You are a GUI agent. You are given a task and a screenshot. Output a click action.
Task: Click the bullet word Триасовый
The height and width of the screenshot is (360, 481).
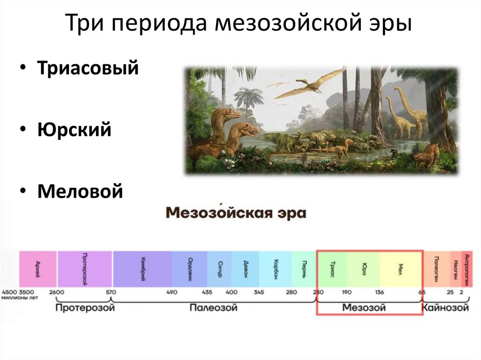pos(88,69)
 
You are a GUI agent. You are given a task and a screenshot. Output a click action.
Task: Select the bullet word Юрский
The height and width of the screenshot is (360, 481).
pos(75,130)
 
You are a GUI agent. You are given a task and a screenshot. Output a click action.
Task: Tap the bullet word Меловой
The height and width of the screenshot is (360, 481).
pos(80,191)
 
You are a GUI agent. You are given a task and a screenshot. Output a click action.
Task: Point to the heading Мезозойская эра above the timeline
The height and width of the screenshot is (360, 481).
pos(236,214)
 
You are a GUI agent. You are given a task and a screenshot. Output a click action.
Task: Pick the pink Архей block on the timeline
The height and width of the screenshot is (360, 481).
pos(38,268)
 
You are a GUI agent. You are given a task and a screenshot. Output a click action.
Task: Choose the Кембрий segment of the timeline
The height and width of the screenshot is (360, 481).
pos(142,268)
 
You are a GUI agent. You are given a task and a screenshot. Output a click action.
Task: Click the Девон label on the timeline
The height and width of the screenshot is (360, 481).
pos(246,268)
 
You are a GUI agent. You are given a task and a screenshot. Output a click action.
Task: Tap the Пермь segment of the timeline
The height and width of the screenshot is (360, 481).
pos(304,268)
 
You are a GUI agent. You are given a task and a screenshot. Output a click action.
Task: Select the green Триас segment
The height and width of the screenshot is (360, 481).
pos(332,268)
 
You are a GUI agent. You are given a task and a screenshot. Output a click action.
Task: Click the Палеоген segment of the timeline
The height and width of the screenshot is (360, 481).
pos(437,268)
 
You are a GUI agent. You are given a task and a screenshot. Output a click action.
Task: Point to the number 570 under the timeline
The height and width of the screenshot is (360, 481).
pos(110,292)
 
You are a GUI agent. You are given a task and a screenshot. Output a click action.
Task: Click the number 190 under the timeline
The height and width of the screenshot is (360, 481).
pos(346,292)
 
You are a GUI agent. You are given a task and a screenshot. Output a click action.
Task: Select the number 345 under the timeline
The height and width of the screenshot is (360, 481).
pos(258,292)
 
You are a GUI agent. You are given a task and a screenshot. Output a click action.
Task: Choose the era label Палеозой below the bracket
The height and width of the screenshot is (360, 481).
pos(214,308)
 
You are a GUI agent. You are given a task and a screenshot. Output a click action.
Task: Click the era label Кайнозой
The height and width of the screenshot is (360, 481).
pos(446,308)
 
